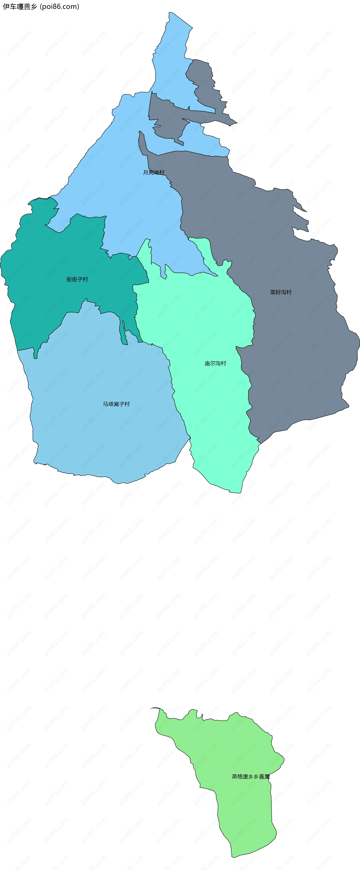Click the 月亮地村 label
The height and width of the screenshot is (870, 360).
click(x=154, y=173)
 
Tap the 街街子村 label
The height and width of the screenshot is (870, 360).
click(x=77, y=279)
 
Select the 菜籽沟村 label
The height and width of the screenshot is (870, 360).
click(x=281, y=292)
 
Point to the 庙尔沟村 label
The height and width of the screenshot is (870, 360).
click(x=215, y=363)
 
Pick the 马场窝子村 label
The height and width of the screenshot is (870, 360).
click(x=116, y=404)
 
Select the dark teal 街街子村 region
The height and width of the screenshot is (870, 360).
click(x=51, y=304)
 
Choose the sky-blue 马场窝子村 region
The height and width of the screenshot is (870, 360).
click(x=101, y=432)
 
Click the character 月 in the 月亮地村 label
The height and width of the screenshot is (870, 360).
click(x=145, y=173)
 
